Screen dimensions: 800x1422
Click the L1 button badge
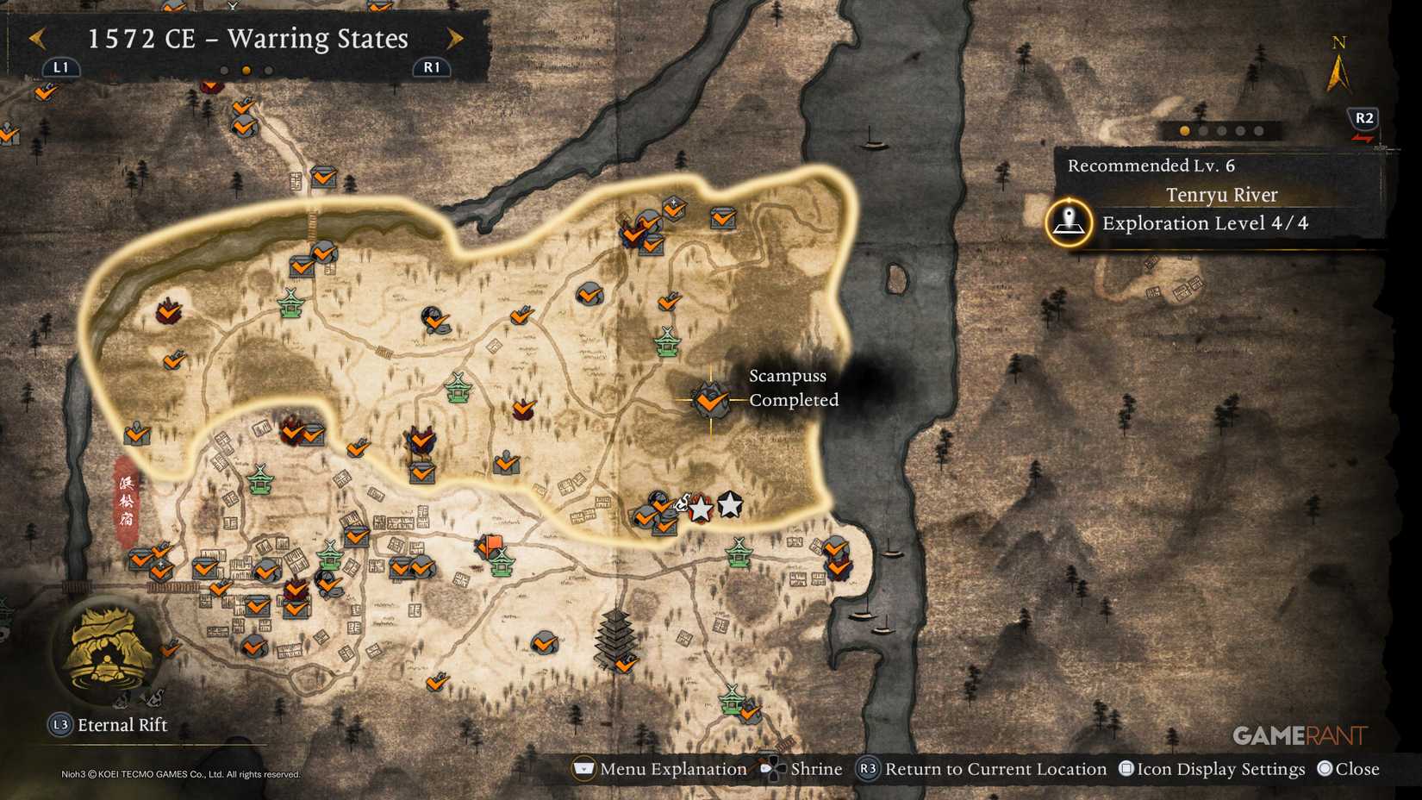(60, 67)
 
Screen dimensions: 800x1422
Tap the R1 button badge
(431, 67)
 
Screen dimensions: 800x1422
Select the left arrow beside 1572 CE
(37, 38)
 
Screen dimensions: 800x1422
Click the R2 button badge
(1363, 118)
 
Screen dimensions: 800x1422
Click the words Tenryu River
(1221, 195)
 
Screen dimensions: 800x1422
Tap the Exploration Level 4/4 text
(1205, 223)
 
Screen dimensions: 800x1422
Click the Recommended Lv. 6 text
(1151, 166)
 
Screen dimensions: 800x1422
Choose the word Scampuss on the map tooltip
(787, 376)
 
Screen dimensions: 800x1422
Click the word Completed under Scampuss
(793, 400)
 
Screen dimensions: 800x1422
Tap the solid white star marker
(730, 504)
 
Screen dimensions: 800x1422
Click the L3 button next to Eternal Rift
(59, 725)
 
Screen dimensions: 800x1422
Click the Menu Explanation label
(672, 769)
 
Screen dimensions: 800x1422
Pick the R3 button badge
(867, 769)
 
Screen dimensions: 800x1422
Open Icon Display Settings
(1219, 769)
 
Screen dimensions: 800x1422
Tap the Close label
(1357, 769)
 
